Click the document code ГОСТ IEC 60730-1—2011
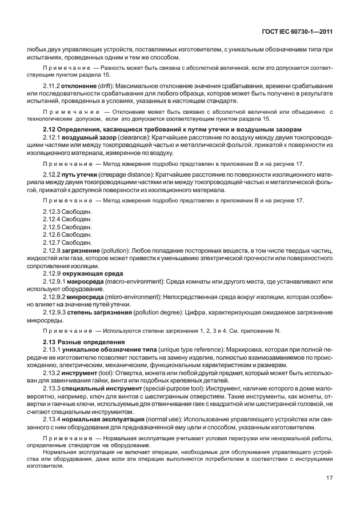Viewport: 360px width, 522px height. [x=297, y=33]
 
